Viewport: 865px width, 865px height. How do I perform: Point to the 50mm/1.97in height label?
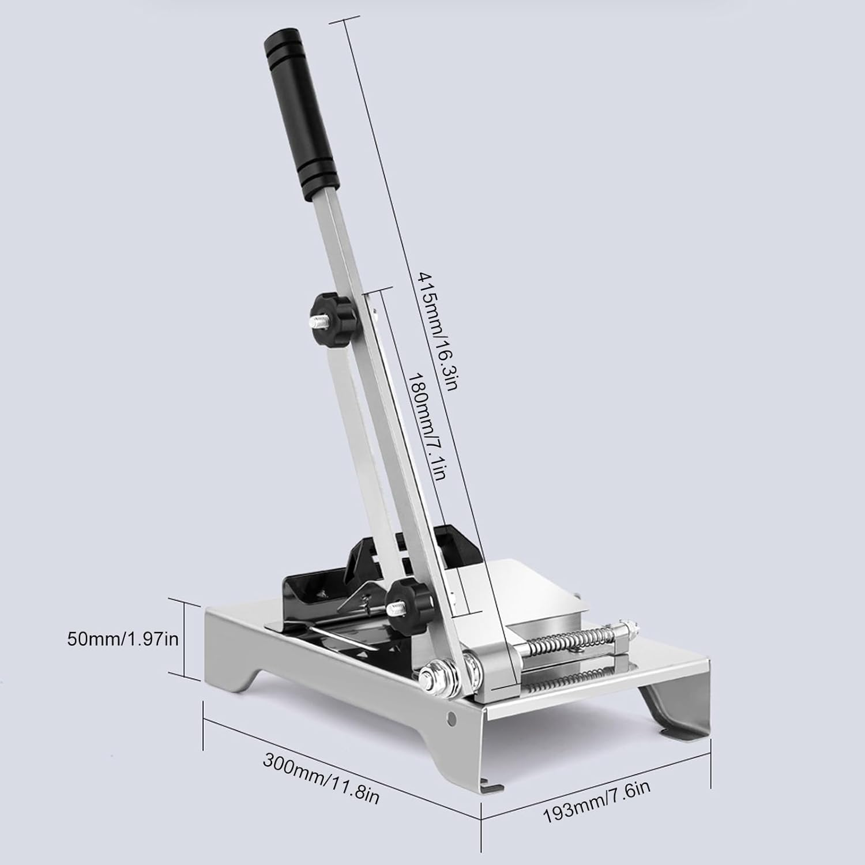click(x=123, y=638)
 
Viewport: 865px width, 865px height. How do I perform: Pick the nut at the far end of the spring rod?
click(x=632, y=625)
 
